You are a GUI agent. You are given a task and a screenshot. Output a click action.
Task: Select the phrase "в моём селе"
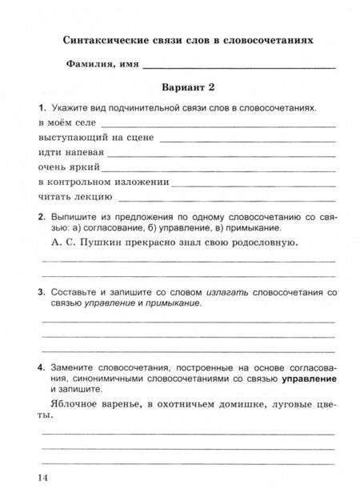click(66, 122)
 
